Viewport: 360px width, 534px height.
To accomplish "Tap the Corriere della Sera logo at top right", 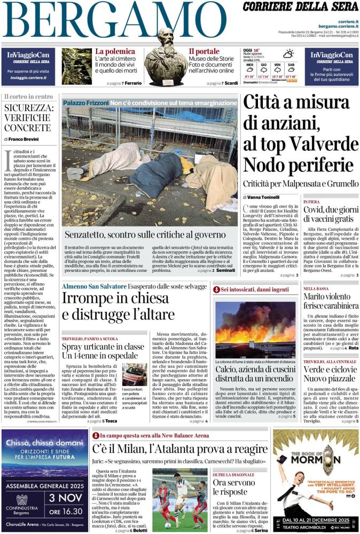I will pyautogui.click(x=301, y=7).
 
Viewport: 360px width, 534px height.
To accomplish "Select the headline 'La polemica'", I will pyautogui.click(x=115, y=52).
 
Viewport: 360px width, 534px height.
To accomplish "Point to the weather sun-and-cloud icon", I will pyautogui.click(x=288, y=54).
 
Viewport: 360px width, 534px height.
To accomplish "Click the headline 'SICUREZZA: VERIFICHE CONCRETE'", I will pyautogui.click(x=29, y=117).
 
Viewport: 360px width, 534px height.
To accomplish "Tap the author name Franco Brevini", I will pyautogui.click(x=23, y=139).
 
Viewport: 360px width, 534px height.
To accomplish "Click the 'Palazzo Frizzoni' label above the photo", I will pyautogui.click(x=85, y=102).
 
